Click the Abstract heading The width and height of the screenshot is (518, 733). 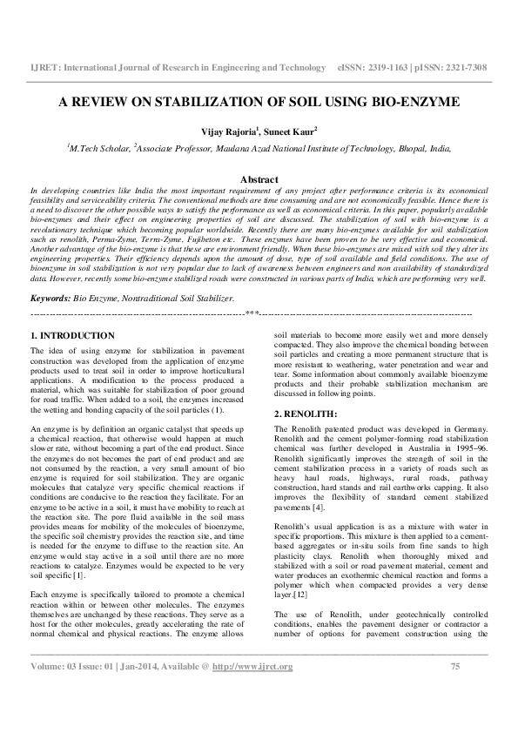(259, 179)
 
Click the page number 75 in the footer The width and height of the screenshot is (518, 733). (454, 691)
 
